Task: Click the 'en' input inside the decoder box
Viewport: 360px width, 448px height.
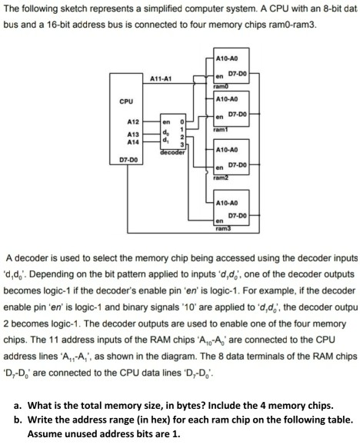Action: click(165, 121)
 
